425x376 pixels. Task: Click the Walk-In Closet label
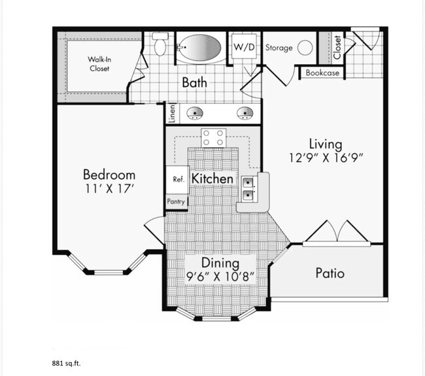(99, 63)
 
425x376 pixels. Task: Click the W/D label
(246, 47)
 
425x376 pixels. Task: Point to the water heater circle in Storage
(305, 48)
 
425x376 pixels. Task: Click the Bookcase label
(322, 73)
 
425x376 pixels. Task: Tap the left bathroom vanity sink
(194, 114)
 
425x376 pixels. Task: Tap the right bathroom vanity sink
(245, 114)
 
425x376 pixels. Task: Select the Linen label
(171, 114)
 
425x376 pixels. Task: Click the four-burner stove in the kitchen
(213, 138)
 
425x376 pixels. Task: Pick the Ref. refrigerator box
(177, 179)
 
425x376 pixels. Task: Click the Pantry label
(177, 202)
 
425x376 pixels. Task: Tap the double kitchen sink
(248, 189)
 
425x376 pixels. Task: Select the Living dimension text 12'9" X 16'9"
(326, 157)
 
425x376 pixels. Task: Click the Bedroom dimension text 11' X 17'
(109, 189)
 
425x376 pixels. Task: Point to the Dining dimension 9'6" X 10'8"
(220, 277)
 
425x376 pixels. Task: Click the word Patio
(330, 273)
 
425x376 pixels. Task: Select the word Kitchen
(212, 179)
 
